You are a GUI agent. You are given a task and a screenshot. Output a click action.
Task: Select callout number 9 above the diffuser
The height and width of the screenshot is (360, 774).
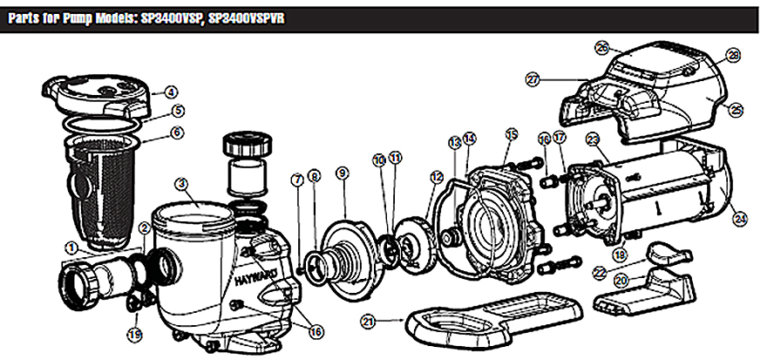pyautogui.click(x=343, y=174)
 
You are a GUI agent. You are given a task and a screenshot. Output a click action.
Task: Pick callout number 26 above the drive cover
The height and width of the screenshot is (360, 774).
pyautogui.click(x=601, y=47)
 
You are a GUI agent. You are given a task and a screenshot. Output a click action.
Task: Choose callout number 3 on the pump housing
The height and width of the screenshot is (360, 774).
pyautogui.click(x=181, y=184)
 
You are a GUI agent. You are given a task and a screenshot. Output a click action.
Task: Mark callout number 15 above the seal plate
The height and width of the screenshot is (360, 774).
pyautogui.click(x=512, y=133)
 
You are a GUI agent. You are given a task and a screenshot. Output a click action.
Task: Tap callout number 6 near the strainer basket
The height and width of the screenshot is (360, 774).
pyautogui.click(x=177, y=132)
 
